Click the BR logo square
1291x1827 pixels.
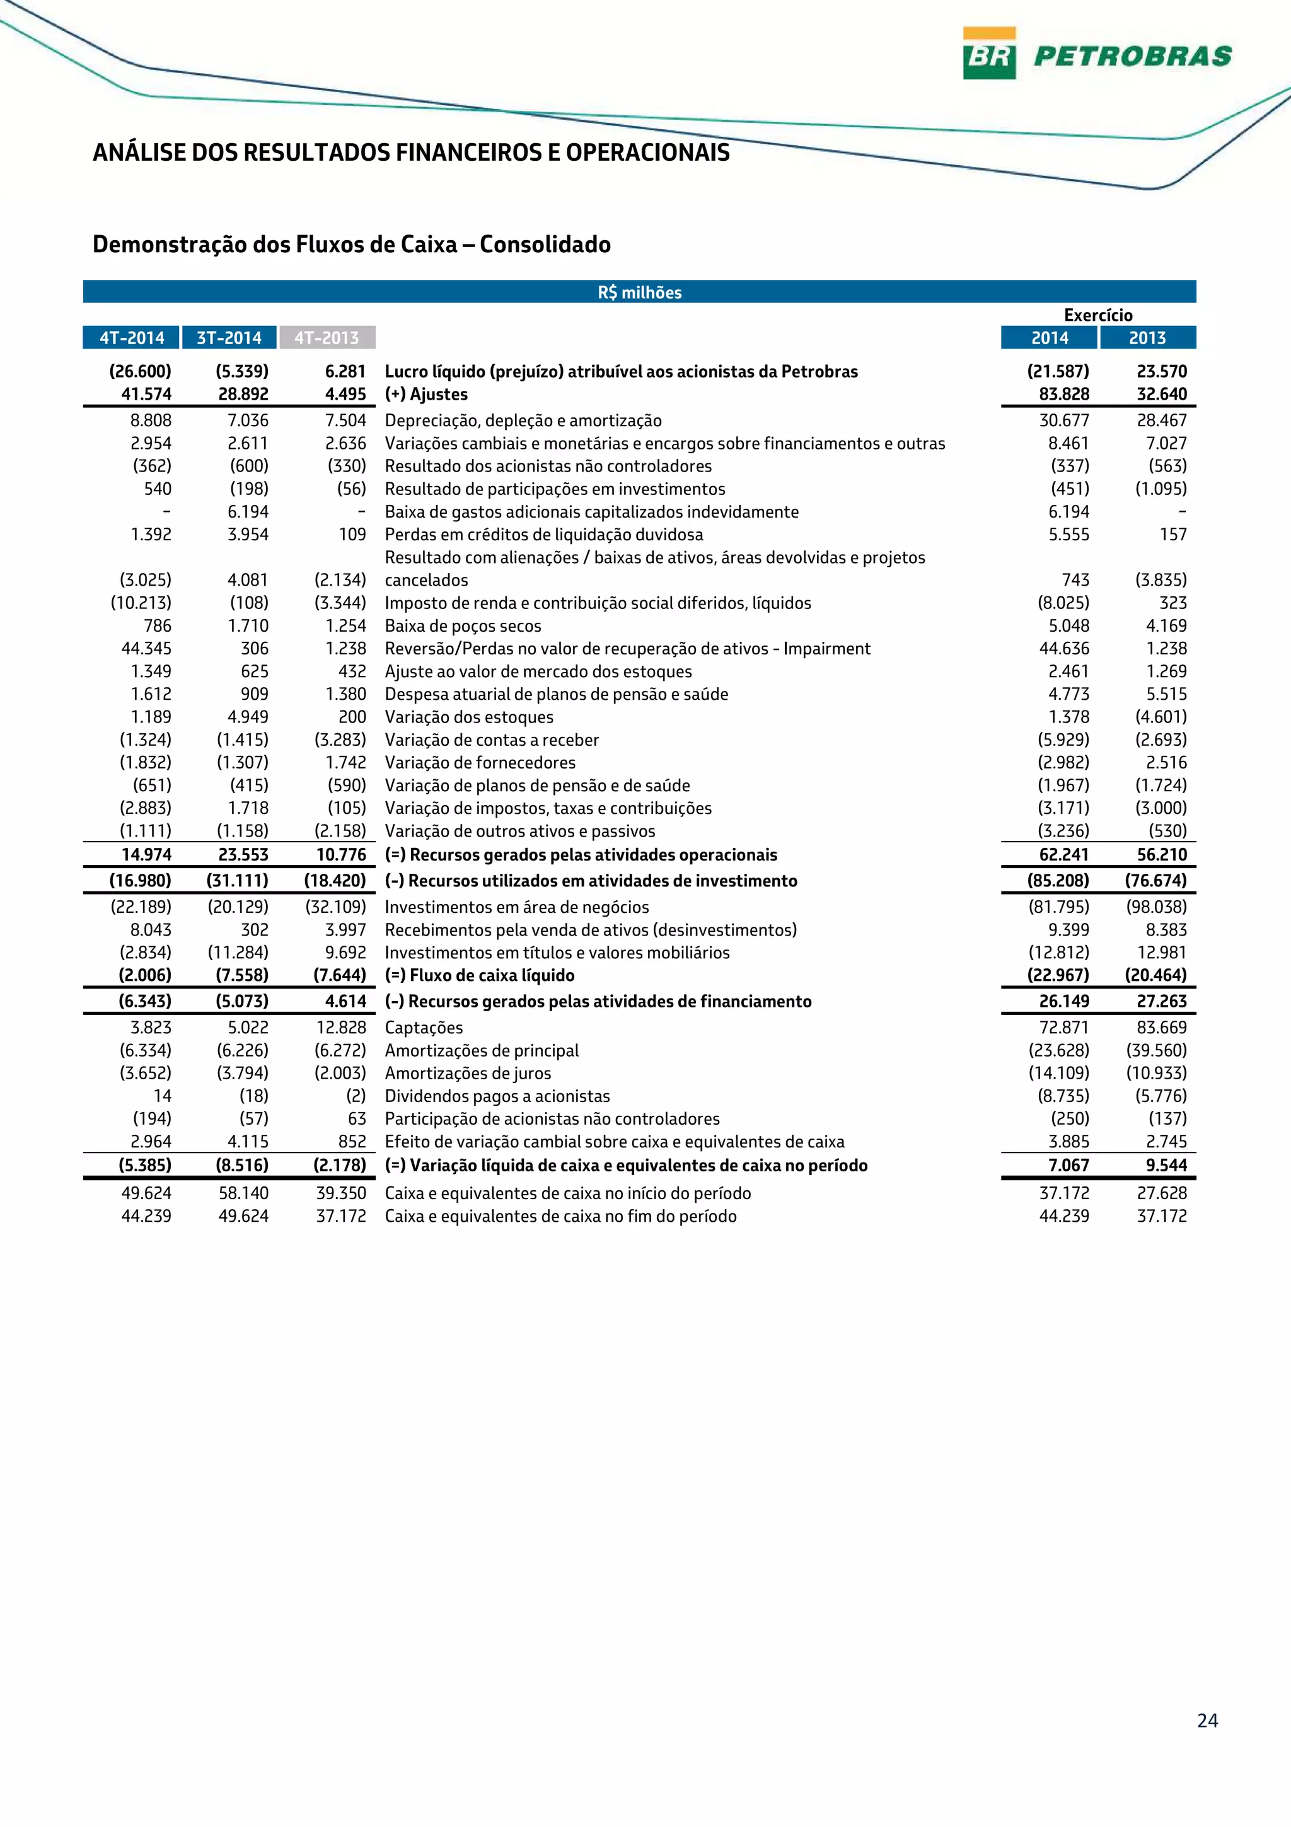point(988,54)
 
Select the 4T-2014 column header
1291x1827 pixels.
point(131,337)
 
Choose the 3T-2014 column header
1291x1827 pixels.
point(229,337)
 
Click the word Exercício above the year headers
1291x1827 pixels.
point(1097,315)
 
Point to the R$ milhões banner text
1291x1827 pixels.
point(640,292)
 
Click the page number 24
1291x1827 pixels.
point(1207,1720)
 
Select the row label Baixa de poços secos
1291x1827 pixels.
point(463,626)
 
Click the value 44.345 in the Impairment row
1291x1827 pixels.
point(146,649)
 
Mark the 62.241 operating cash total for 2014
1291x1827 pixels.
point(1063,855)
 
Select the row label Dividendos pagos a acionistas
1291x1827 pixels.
point(497,1096)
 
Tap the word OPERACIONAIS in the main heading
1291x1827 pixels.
point(647,152)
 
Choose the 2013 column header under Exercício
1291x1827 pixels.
point(1147,337)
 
